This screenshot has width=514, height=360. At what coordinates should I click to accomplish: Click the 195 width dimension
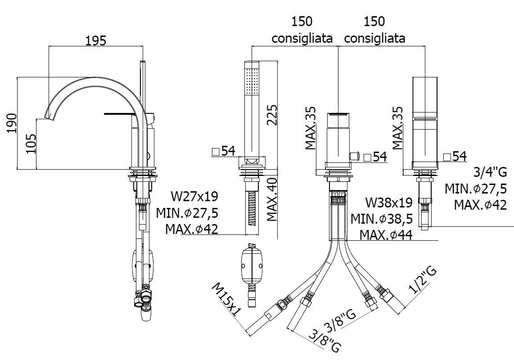(x=96, y=40)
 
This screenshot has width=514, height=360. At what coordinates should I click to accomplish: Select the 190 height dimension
(x=12, y=123)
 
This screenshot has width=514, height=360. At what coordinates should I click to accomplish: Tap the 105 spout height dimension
(x=31, y=143)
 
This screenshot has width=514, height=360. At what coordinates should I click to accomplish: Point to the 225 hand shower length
(x=272, y=115)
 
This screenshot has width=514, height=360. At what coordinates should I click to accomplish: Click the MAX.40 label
(x=272, y=199)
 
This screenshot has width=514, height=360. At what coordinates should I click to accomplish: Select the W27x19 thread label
(x=194, y=196)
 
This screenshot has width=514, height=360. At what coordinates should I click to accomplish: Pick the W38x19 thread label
(x=389, y=202)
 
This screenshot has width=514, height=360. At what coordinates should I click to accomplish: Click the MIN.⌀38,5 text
(x=382, y=219)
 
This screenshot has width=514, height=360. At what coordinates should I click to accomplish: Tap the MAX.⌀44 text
(x=386, y=235)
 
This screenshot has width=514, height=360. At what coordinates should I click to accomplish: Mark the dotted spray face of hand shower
(x=252, y=81)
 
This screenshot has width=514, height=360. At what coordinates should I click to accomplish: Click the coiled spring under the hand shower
(x=252, y=208)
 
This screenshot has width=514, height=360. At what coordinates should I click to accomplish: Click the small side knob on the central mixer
(x=354, y=155)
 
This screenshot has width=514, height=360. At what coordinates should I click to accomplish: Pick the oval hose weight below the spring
(x=252, y=264)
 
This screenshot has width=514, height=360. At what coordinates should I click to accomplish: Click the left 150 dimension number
(x=302, y=22)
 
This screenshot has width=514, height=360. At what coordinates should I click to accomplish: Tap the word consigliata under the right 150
(x=374, y=38)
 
